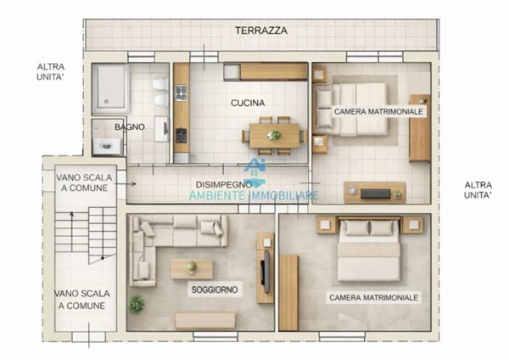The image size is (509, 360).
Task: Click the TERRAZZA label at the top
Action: click(x=262, y=30)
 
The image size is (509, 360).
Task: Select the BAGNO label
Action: click(x=130, y=127)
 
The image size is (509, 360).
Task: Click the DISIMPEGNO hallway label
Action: click(x=223, y=183)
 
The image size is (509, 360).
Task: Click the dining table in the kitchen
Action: click(x=274, y=134)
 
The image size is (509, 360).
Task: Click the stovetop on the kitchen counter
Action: click(x=181, y=134)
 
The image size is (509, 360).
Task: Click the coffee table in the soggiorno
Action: click(x=192, y=268)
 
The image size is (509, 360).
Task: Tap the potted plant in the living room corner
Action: click(x=136, y=302)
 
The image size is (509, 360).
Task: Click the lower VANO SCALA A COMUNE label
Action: click(x=80, y=299)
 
